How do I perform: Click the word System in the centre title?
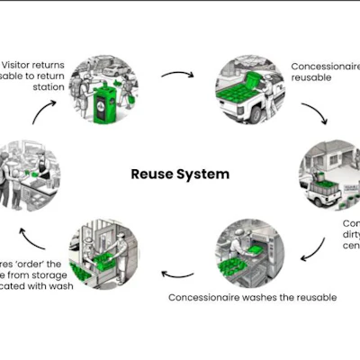click(x=204, y=174)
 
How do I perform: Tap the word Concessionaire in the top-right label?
click(x=322, y=67)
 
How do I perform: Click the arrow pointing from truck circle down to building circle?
click(x=314, y=114)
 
